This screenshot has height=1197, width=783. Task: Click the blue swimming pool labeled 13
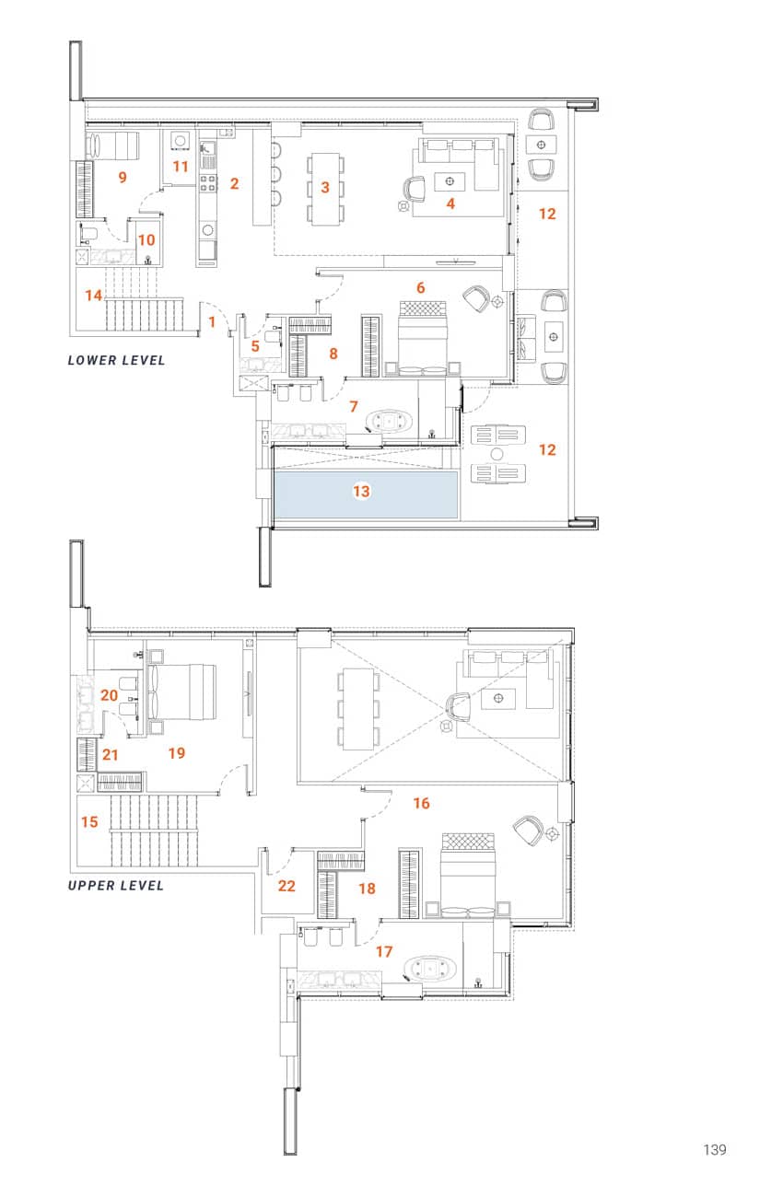click(366, 495)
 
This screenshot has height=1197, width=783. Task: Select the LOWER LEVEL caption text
click(116, 360)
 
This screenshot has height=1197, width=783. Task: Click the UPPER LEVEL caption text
click(116, 885)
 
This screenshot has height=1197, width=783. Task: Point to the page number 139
click(714, 1149)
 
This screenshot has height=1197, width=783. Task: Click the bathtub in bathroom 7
click(390, 422)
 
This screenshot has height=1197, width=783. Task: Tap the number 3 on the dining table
click(324, 187)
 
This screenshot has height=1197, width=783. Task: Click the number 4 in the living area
click(450, 203)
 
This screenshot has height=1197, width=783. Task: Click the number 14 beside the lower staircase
click(93, 296)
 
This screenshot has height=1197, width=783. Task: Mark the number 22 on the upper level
click(286, 885)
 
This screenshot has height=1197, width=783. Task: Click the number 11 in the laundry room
click(181, 167)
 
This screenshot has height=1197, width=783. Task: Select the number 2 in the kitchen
click(234, 183)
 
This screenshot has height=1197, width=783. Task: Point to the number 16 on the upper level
click(421, 803)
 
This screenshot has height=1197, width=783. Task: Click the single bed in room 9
click(112, 145)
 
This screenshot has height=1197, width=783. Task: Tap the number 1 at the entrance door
click(212, 321)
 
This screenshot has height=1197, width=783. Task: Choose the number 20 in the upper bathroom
click(109, 695)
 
